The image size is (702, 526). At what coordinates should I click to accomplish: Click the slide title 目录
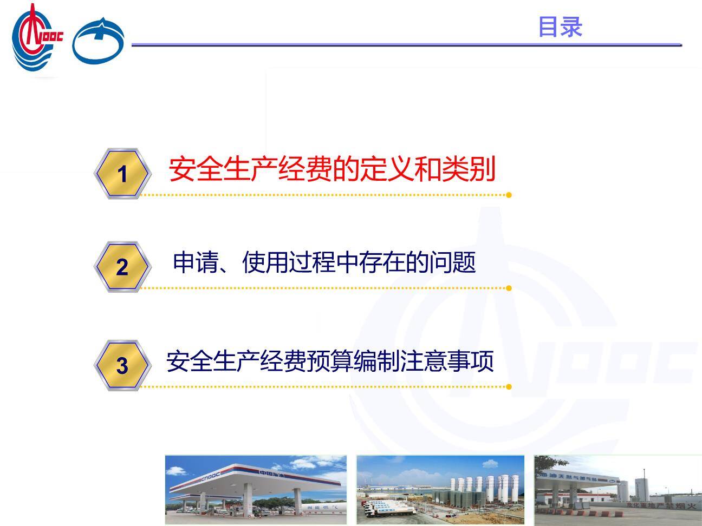pyautogui.click(x=560, y=27)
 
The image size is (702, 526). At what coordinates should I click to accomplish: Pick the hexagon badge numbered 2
pyautogui.click(x=122, y=267)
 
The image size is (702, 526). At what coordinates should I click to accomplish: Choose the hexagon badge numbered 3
pyautogui.click(x=122, y=366)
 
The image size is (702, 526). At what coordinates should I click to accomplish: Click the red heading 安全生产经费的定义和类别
pyautogui.click(x=331, y=169)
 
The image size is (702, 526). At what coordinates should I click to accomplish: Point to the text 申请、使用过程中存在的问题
pyautogui.click(x=324, y=262)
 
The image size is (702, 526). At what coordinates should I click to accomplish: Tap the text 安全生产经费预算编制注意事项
pyautogui.click(x=330, y=361)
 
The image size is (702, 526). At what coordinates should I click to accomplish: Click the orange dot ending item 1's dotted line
pyautogui.click(x=509, y=195)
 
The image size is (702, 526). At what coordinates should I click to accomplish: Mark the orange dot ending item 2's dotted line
pyautogui.click(x=509, y=288)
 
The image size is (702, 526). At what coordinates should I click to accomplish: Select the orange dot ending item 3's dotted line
pyautogui.click(x=509, y=386)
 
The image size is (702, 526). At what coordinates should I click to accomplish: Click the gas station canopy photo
pyautogui.click(x=256, y=490)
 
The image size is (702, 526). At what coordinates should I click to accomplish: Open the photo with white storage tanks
pyautogui.click(x=440, y=490)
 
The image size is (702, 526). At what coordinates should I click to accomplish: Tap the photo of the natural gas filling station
pyautogui.click(x=617, y=490)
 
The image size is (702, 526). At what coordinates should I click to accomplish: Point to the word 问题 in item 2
pyautogui.click(x=452, y=262)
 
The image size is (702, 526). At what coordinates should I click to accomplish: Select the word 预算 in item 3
pyautogui.click(x=330, y=361)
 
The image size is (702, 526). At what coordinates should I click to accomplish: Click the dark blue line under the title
pyautogui.click(x=406, y=45)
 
